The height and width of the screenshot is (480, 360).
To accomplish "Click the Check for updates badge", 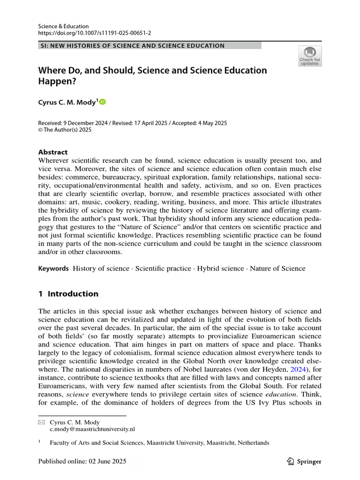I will pyautogui.click(x=310, y=56).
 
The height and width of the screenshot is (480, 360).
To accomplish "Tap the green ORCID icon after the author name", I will pyautogui.click(x=103, y=101).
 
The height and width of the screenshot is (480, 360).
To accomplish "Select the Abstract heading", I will pyautogui.click(x=52, y=152).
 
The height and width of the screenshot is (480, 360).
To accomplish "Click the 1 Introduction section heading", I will pyautogui.click(x=68, y=294).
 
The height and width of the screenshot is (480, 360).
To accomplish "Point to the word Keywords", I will pyautogui.click(x=53, y=269).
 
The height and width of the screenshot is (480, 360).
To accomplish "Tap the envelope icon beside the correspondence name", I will pyautogui.click(x=41, y=422).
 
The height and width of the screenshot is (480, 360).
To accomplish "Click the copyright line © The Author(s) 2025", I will pyautogui.click(x=65, y=130).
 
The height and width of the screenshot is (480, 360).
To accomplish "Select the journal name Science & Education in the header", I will pyautogui.click(x=63, y=26).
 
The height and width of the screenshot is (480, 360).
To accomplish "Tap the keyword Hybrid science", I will pyautogui.click(x=220, y=269).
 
